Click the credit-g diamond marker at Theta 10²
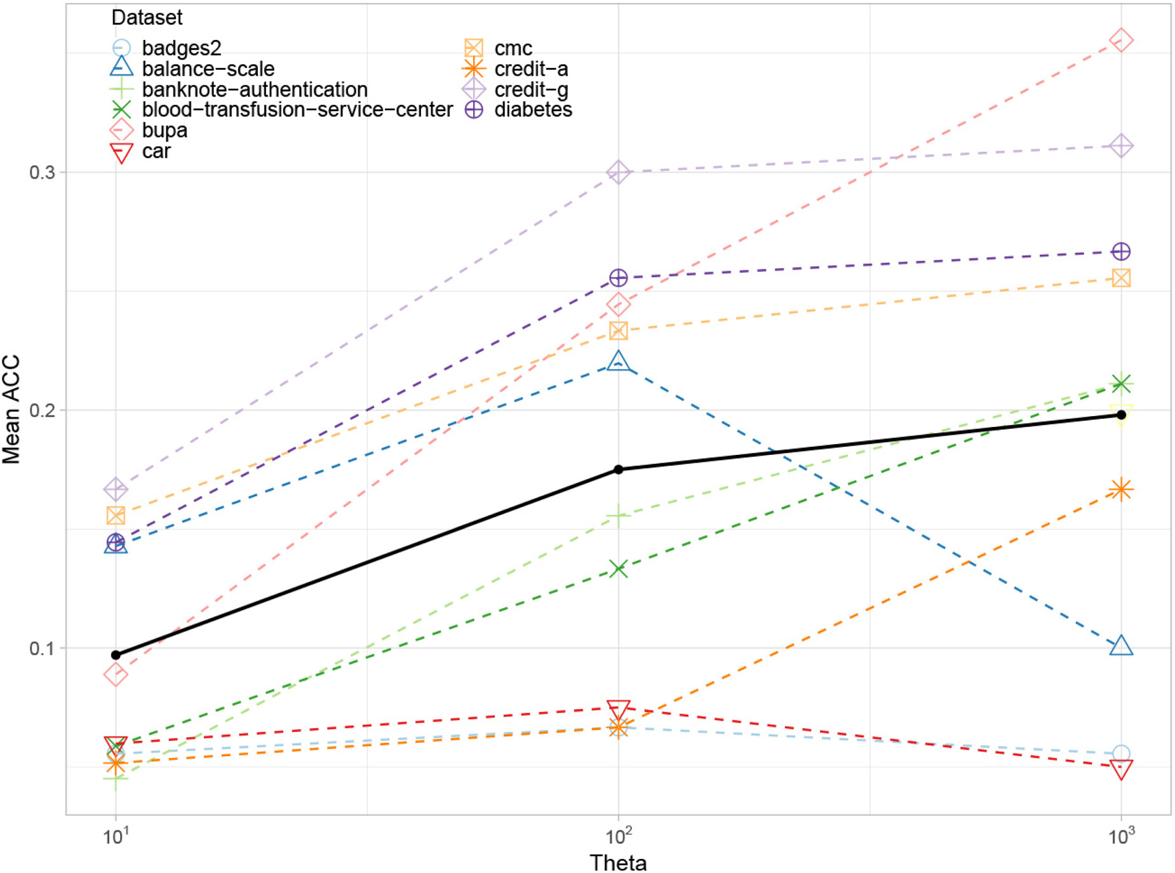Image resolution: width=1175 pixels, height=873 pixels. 618,172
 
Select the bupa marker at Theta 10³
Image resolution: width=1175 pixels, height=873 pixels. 1121,41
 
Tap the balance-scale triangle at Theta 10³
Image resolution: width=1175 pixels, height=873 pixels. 1121,646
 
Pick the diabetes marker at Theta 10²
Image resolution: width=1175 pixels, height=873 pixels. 618,278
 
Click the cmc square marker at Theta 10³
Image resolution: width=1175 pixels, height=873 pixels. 1121,278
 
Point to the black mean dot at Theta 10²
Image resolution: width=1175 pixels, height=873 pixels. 618,470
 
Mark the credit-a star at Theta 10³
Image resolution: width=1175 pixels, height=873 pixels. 1121,489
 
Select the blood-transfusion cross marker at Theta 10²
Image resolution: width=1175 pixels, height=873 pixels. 618,569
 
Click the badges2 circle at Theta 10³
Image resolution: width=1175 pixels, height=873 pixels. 1121,754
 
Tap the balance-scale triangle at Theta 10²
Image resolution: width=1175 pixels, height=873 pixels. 618,362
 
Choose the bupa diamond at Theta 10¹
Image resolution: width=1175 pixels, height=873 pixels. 116,675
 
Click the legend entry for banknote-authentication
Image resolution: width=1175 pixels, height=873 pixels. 254,90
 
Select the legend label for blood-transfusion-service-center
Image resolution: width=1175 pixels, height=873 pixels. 297,110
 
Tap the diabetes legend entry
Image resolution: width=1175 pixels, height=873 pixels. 532,110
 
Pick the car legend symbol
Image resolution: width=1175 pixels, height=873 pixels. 121,152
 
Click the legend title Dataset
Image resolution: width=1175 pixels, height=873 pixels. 147,18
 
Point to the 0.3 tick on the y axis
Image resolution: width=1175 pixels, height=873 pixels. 42,172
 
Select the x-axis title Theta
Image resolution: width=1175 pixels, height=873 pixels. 618,862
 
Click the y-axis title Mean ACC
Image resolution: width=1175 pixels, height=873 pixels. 11,410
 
